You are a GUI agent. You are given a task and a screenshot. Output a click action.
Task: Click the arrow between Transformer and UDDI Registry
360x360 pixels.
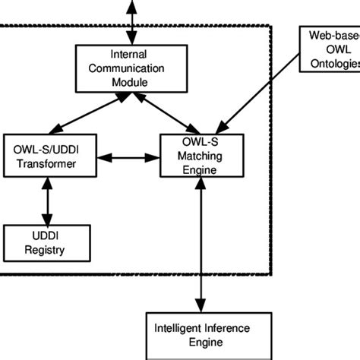(x=47, y=201)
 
